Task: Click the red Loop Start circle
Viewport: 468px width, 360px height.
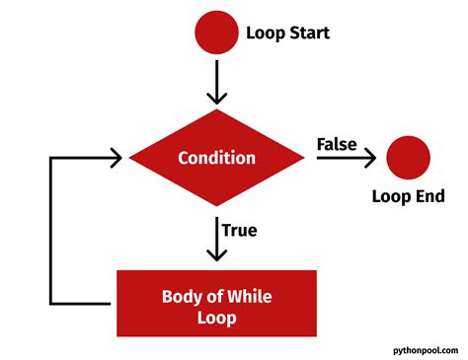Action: click(217, 33)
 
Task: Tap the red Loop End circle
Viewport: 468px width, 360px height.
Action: click(408, 157)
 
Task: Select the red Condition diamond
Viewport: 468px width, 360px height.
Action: click(217, 158)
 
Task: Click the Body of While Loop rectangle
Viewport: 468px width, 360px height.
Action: click(217, 302)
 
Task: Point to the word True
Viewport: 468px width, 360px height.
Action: click(239, 230)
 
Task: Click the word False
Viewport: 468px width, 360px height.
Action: click(337, 144)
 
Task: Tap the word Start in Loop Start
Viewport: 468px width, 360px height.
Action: click(308, 34)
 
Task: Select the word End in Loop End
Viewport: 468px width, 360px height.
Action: click(430, 196)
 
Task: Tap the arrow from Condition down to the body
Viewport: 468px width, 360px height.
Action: click(217, 237)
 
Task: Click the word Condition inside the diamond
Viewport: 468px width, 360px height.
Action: click(217, 158)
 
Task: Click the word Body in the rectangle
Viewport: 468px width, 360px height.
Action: click(181, 295)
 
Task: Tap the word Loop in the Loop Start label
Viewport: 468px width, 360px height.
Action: click(264, 34)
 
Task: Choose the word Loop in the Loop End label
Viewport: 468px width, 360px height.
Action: click(391, 196)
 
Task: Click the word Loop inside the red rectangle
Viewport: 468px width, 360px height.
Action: click(217, 318)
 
